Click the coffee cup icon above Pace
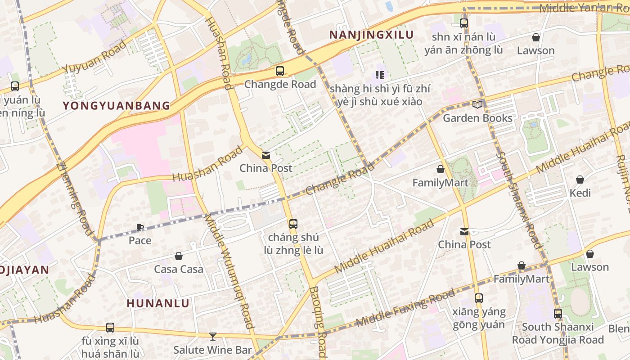point(140,228)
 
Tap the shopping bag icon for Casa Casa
point(179,256)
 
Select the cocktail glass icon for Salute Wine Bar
point(212,337)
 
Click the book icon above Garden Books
point(477,105)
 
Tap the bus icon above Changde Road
point(280,71)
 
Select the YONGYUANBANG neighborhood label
point(117,106)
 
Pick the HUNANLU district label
point(158,303)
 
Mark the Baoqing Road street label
point(318,322)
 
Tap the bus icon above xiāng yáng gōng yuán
point(479,298)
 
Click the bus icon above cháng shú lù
point(293,224)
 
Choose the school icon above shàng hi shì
point(379,75)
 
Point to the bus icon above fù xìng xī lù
point(110,328)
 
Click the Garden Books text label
point(477,118)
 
